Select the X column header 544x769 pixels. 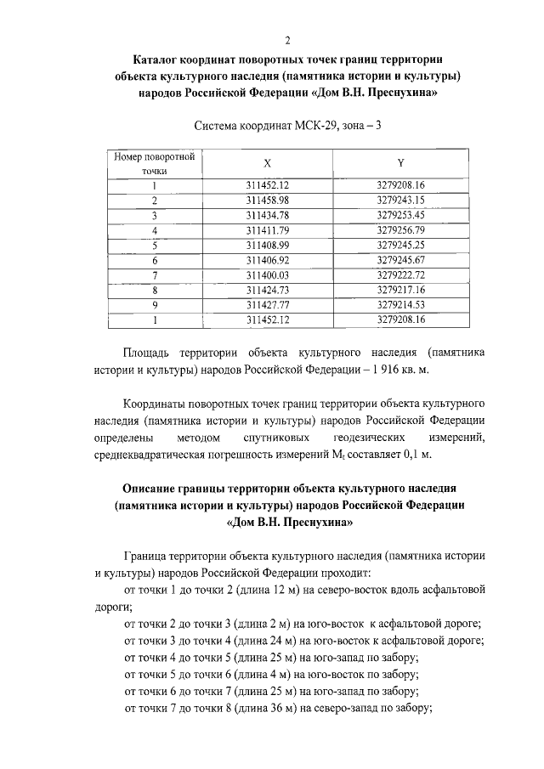click(x=268, y=162)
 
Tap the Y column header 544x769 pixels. click(x=399, y=162)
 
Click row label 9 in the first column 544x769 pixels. click(x=155, y=305)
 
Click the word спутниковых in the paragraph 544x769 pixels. click(x=278, y=438)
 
